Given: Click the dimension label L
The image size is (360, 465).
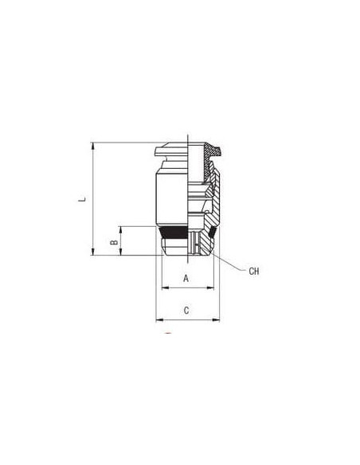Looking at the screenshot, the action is click(83, 198).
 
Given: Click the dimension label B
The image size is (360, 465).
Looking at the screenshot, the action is click(114, 242).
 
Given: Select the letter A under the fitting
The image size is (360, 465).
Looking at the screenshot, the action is click(186, 279).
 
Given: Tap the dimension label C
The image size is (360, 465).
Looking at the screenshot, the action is click(186, 311).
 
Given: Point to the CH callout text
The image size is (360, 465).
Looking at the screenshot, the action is click(254, 271).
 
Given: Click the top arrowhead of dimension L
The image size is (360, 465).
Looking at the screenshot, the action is click(93, 146).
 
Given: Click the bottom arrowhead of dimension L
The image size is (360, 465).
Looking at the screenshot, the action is click(93, 252).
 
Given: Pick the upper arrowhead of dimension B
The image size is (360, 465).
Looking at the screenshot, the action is click(121, 229).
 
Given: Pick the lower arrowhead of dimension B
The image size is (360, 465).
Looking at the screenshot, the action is click(121, 252).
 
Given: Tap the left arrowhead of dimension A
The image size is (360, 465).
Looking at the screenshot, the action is click(165, 287).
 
